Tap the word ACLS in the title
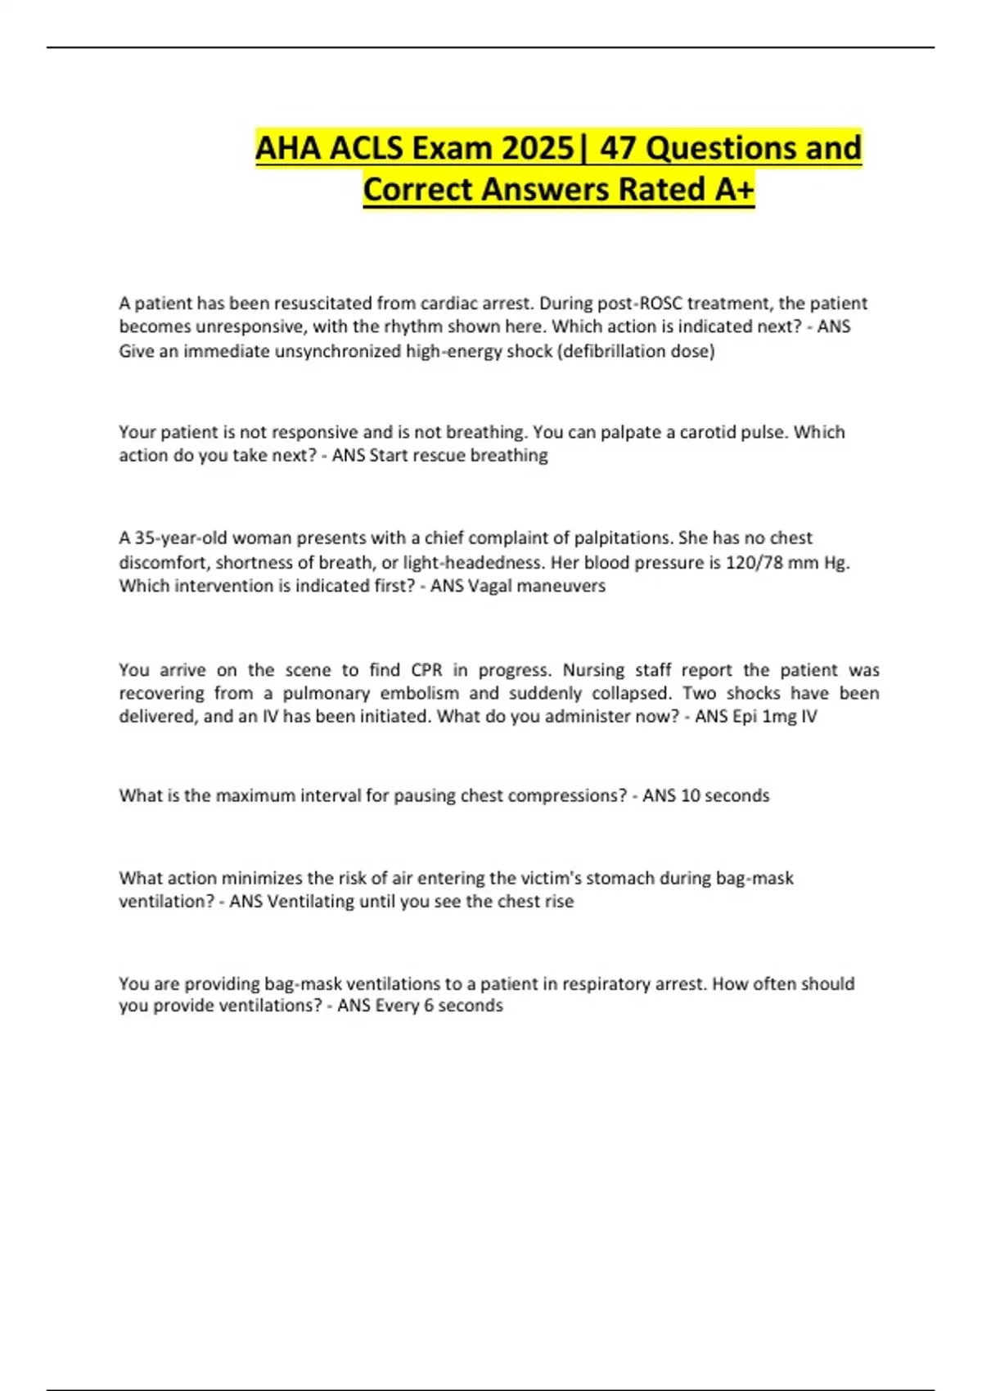[x=367, y=148]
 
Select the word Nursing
[x=593, y=670]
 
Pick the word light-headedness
[x=464, y=562]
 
